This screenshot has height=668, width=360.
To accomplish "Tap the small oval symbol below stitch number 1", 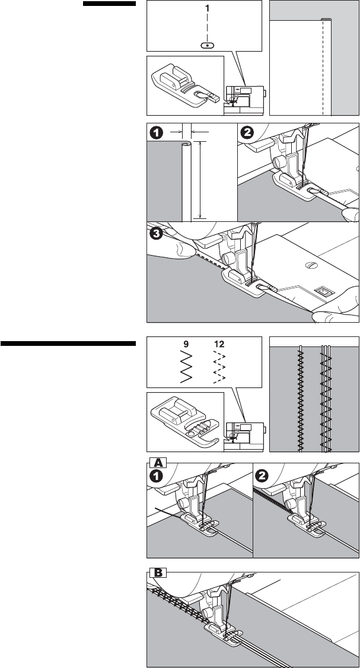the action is coord(206,44).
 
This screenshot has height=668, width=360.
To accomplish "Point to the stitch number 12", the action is coord(218,343).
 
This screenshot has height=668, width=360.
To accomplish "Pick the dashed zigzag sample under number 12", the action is coord(218,368).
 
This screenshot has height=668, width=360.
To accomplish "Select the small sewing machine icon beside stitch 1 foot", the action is coord(244,98).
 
